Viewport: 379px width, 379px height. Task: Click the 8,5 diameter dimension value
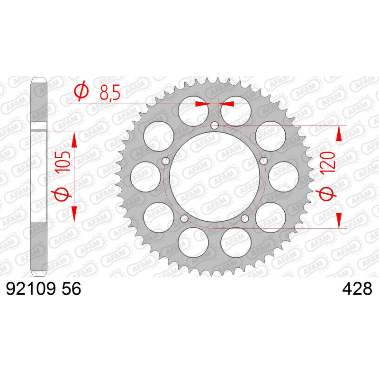click(x=110, y=92)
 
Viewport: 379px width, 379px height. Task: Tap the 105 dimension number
click(x=63, y=162)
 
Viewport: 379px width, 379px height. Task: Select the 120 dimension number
click(x=327, y=162)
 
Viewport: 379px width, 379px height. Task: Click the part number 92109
click(x=31, y=289)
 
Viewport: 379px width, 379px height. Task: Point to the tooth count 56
click(x=72, y=289)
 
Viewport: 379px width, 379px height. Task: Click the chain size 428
click(x=357, y=289)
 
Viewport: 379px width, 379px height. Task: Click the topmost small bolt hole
click(x=215, y=126)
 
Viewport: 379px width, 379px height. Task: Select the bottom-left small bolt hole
click(x=184, y=218)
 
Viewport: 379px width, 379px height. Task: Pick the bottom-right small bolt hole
click(x=245, y=218)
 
